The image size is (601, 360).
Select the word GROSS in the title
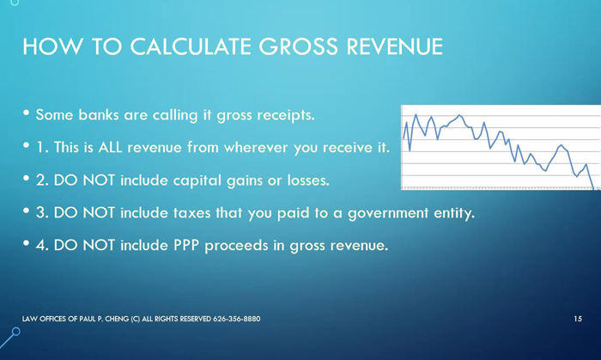(299, 46)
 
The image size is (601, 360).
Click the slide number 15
(578, 319)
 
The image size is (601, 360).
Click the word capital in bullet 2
(197, 180)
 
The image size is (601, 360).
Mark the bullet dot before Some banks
(26, 113)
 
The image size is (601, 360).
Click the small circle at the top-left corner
(15, 3)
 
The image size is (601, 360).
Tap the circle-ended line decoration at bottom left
(10, 338)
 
